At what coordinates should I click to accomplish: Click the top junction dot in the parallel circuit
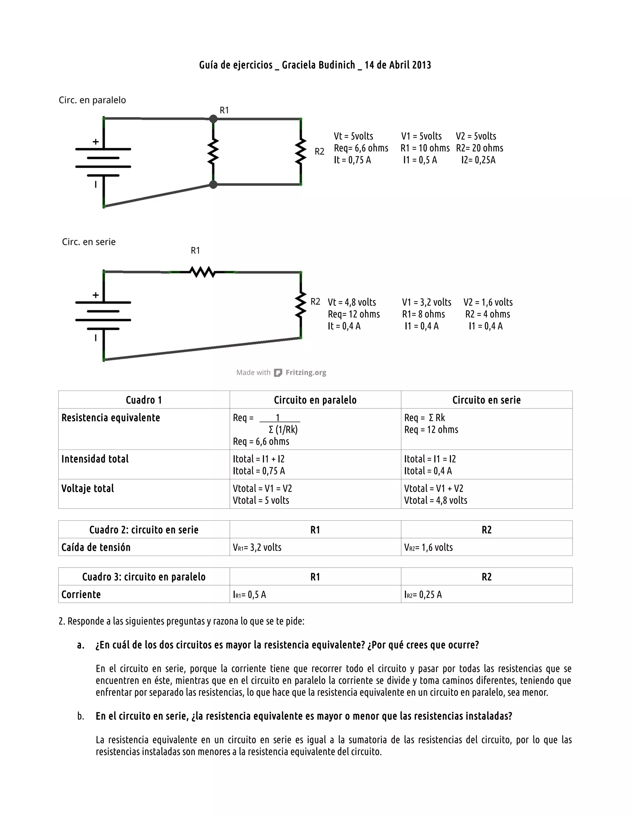coord(213,119)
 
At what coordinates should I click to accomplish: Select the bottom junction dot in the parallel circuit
coord(213,184)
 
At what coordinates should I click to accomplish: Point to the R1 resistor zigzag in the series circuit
coord(203,272)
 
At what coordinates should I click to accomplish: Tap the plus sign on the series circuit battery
coord(96,295)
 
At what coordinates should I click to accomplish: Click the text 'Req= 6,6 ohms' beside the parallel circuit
coord(361,148)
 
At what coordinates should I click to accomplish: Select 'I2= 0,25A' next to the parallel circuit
coord(478,160)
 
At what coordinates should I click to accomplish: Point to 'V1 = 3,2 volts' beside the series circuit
coord(426,302)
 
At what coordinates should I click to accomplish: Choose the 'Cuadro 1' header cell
coord(144,400)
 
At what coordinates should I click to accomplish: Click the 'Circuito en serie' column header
coord(486,400)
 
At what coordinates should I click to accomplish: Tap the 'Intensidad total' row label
coord(95,459)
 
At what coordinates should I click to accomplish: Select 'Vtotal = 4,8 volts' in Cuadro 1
coord(435,500)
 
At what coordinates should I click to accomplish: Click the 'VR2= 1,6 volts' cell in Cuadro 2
coord(428,547)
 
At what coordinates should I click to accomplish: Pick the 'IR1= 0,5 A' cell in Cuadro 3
coord(249,594)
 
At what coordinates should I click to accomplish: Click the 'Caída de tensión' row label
coord(96,547)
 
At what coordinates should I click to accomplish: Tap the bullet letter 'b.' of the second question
coord(81,716)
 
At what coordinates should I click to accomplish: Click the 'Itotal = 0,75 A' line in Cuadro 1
coord(259,471)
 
